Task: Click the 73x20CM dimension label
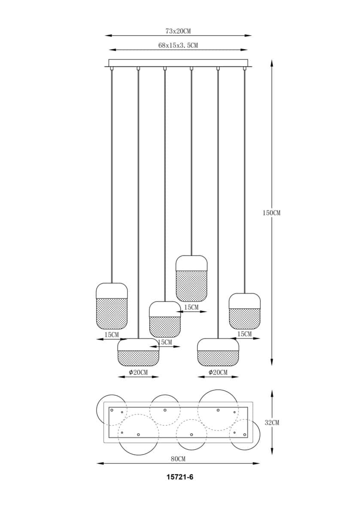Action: tap(178, 31)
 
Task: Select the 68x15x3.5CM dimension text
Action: tap(178, 45)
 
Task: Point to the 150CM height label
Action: tap(271, 213)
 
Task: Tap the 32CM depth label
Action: tap(272, 423)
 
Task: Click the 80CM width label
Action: tap(178, 458)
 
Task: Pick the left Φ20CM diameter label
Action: tap(138, 373)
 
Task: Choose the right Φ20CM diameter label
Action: tap(218, 373)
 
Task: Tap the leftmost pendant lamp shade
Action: tap(112, 306)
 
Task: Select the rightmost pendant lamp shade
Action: tap(245, 311)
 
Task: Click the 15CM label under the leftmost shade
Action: tap(111, 334)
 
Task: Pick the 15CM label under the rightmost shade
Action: tap(245, 334)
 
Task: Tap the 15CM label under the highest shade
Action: tap(191, 307)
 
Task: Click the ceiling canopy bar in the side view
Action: tap(178, 63)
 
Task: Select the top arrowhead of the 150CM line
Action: tap(272, 63)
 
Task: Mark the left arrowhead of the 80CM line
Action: tap(99, 463)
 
